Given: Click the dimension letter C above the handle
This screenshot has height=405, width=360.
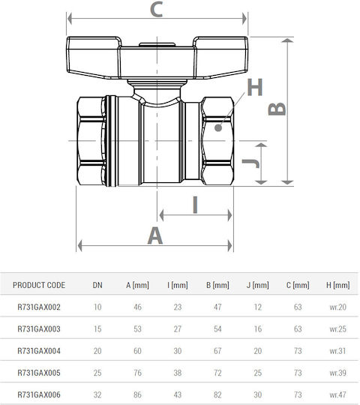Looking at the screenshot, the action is (x=156, y=9).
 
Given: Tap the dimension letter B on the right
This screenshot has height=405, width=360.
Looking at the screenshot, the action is (x=277, y=109).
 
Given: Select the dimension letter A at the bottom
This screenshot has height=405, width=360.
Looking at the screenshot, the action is (x=155, y=235).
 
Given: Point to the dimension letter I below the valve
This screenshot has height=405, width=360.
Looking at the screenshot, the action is (x=195, y=205).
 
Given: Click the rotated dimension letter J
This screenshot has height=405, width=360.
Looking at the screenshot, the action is (x=250, y=163).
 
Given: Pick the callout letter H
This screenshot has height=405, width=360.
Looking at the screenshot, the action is (x=255, y=87).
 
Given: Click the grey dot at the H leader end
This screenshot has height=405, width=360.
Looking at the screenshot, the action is (x=218, y=127).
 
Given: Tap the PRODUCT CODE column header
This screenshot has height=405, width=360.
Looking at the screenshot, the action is (x=39, y=285).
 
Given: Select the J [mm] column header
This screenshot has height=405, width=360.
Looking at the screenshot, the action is (x=257, y=285).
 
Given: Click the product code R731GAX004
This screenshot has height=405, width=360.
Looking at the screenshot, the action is (x=39, y=351).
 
